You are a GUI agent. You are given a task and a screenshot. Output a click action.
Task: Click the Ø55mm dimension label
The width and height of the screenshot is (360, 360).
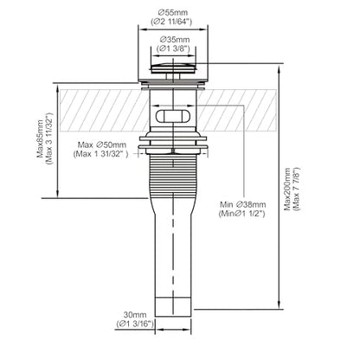[x=173, y=13]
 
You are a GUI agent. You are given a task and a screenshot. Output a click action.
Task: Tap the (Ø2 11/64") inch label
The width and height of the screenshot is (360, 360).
[x=171, y=22]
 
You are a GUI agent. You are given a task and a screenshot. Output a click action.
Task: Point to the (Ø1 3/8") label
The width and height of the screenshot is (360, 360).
[x=173, y=48]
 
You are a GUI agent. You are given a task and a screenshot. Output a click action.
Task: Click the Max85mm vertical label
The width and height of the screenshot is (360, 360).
[x=41, y=138]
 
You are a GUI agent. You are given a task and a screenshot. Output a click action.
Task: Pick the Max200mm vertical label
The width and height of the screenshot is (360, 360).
[x=287, y=189]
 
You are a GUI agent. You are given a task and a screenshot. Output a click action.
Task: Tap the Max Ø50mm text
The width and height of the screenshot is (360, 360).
[x=102, y=145]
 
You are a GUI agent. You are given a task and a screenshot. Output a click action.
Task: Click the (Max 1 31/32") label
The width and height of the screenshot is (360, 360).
[x=101, y=154]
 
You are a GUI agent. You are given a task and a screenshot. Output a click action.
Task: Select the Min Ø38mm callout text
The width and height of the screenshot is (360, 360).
[x=242, y=204]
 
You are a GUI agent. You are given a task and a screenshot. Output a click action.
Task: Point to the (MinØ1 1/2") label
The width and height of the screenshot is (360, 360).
[x=241, y=214]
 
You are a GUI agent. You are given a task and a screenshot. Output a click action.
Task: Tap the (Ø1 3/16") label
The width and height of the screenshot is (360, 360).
[x=135, y=324]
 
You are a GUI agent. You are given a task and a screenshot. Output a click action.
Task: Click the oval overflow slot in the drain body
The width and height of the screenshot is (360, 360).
[x=173, y=116]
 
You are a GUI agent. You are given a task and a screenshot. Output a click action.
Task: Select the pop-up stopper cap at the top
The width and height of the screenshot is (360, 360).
[x=173, y=68]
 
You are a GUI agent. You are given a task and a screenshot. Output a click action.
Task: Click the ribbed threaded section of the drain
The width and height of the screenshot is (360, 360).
[x=173, y=177]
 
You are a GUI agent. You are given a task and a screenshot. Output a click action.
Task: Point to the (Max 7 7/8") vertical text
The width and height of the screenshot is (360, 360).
[x=297, y=189]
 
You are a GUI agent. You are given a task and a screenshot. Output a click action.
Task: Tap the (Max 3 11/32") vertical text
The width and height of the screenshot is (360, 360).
[x=49, y=138]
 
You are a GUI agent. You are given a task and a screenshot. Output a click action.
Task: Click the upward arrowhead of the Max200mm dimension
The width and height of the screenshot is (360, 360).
[x=279, y=69]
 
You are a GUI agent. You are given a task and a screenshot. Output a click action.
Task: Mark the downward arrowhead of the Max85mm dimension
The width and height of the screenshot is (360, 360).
[x=58, y=194]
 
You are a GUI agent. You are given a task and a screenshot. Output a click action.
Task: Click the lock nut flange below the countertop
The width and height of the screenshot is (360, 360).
[x=173, y=143]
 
